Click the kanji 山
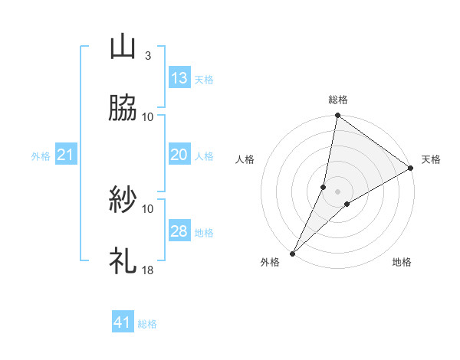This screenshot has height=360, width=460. (123, 47)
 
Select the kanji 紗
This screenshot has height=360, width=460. (123, 200)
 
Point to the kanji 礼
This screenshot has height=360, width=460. (123, 261)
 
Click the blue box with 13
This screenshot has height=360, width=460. (179, 77)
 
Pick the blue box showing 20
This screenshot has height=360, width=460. (179, 155)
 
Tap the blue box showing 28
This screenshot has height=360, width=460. (179, 231)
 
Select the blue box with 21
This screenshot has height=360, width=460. (65, 155)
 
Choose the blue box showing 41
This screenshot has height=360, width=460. (123, 322)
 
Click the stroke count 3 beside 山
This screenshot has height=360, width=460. (147, 55)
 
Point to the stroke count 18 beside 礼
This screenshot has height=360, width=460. (148, 270)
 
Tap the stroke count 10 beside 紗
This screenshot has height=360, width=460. (148, 208)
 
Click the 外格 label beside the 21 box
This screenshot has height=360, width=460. (41, 156)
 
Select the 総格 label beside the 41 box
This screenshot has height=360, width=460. (147, 324)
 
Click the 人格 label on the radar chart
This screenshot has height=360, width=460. (245, 160)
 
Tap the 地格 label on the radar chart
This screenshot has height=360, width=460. (402, 263)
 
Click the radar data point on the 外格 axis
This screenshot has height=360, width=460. (293, 253)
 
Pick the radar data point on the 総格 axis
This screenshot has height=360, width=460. (337, 116)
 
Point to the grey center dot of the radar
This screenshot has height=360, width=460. (337, 191)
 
